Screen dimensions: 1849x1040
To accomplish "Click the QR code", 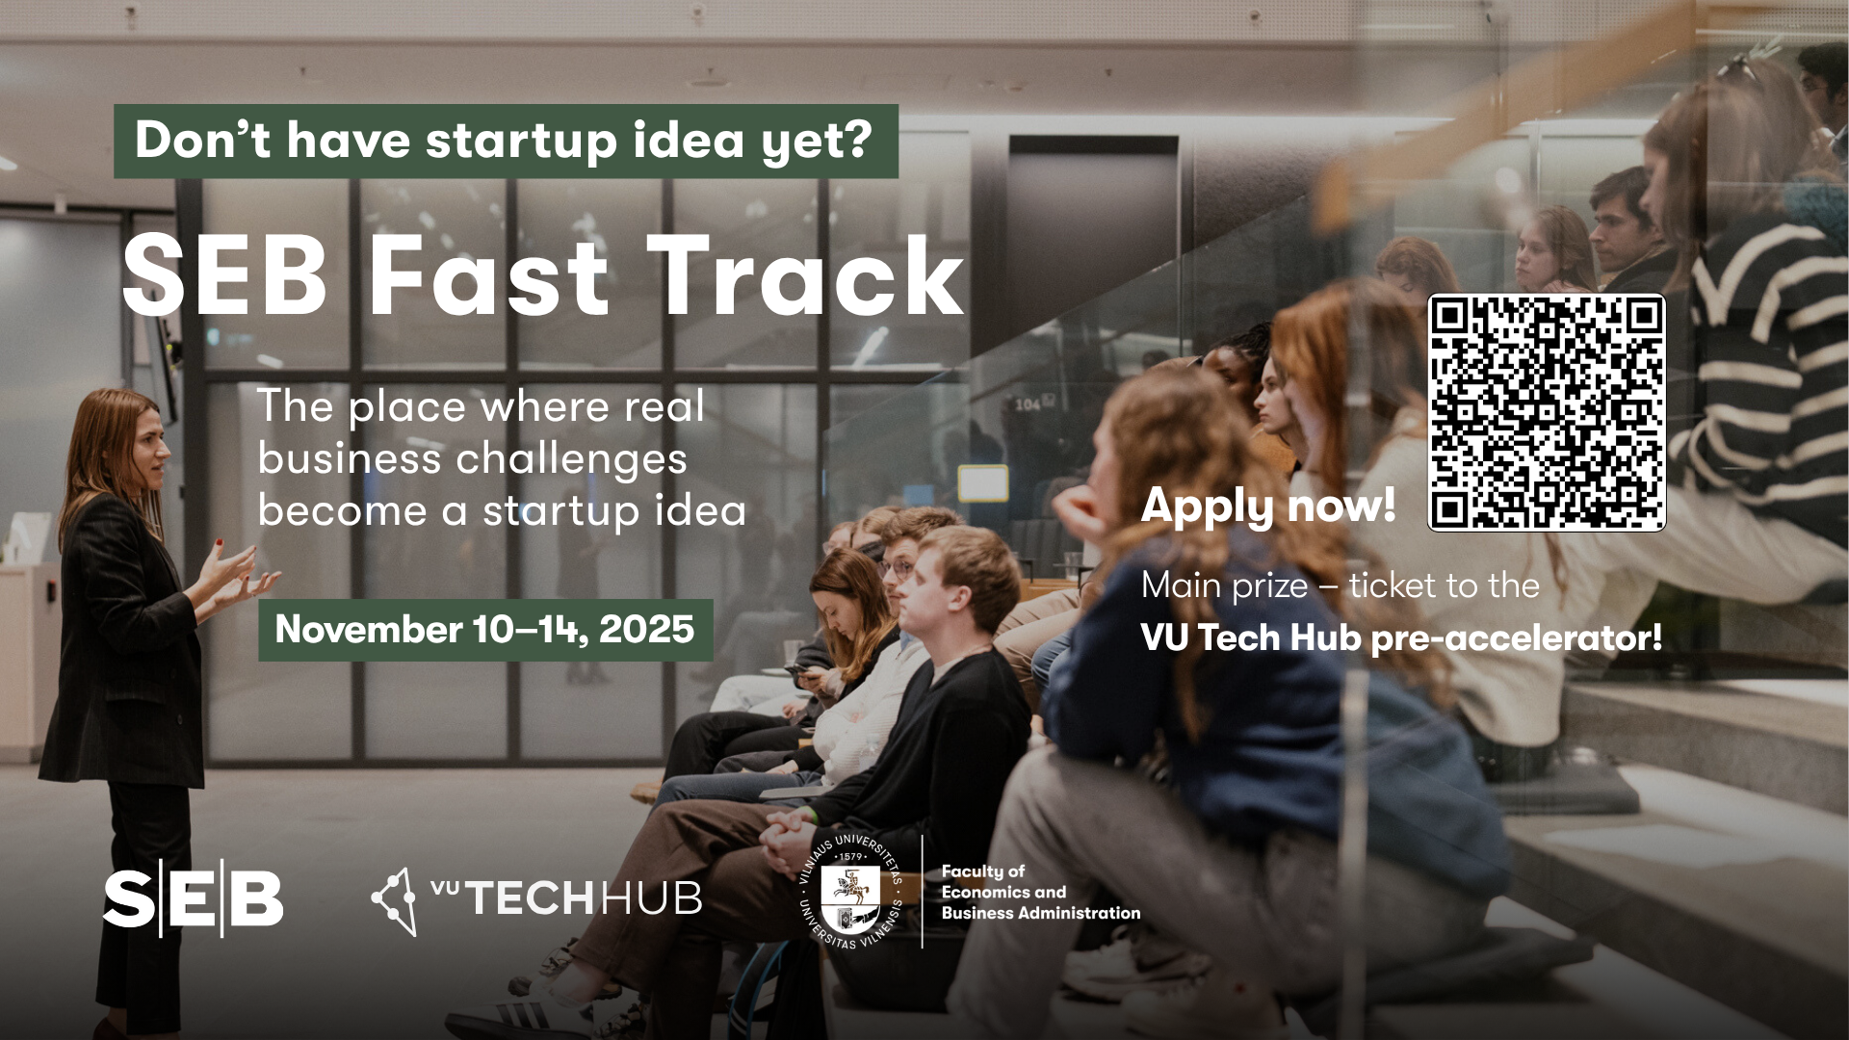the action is point(1546,412).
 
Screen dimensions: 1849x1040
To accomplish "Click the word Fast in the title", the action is point(488,276).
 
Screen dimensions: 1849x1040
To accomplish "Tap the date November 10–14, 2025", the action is point(484,630).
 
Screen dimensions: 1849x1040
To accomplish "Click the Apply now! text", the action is point(1268,507).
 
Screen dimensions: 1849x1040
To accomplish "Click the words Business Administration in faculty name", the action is point(1041,913).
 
